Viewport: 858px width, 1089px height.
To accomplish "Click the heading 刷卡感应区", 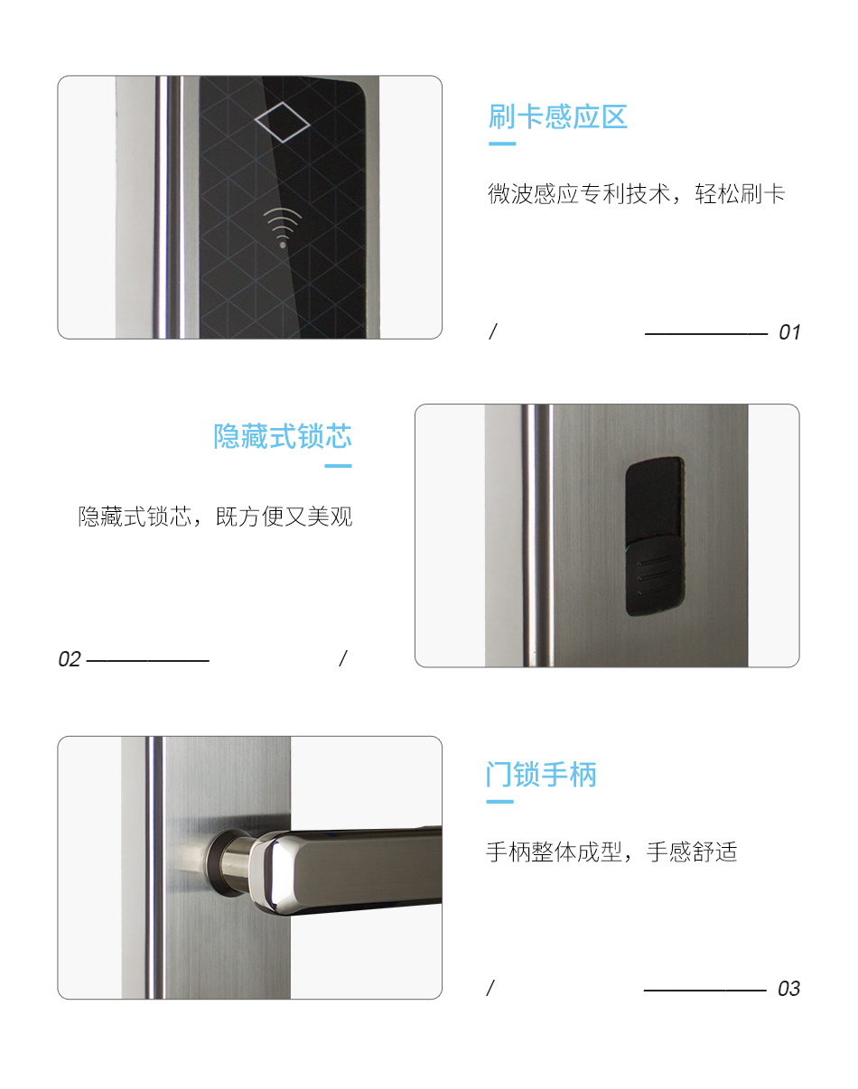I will coord(557,117).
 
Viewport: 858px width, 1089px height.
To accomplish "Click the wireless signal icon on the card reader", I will coord(283,227).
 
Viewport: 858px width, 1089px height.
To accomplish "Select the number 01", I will coord(789,332).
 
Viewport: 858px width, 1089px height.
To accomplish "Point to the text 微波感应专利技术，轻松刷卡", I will coord(636,194).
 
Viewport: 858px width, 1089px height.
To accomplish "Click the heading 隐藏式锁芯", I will coord(283,437).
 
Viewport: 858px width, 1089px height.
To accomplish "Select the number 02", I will coord(70,659).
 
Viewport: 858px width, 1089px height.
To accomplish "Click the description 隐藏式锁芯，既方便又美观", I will coord(215,517).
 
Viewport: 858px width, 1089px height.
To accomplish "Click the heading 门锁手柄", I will coord(541,775).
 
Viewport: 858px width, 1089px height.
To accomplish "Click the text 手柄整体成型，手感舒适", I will coord(611,852).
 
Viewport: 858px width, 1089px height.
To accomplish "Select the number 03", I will coord(788,989).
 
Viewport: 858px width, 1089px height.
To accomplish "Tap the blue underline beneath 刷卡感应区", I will coord(502,144).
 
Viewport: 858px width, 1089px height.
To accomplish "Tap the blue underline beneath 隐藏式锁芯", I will coord(338,466).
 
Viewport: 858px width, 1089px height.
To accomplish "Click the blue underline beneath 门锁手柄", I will coord(499,801).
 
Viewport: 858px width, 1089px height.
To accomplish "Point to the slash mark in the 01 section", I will coord(492,331).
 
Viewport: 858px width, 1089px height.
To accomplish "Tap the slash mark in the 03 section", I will coord(490,988).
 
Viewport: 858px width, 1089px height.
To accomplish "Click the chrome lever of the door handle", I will coord(361,867).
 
